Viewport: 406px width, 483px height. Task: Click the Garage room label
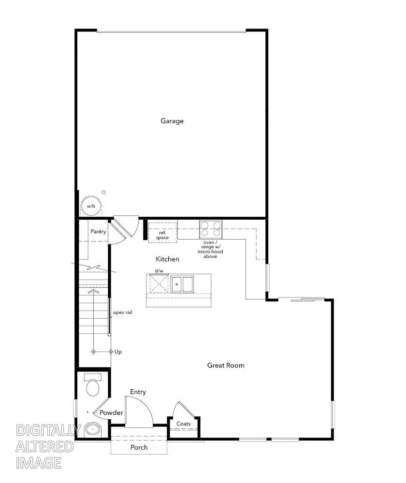[x=172, y=121]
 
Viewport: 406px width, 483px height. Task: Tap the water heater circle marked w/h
[x=90, y=206]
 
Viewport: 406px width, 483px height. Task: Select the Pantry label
[x=98, y=232]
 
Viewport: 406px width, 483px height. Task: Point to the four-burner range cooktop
[x=211, y=229]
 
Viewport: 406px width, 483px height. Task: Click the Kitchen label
[x=167, y=259]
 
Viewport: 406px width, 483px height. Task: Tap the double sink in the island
[x=182, y=284]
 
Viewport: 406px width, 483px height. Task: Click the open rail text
[x=122, y=313]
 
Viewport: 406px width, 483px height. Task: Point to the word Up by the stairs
[x=118, y=352]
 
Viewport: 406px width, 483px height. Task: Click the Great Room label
[x=226, y=365]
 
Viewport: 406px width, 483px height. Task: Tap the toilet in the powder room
[x=92, y=385]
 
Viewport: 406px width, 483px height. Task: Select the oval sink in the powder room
[x=92, y=428]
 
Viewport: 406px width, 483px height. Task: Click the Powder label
[x=111, y=413]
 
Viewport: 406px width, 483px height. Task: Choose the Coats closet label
[x=184, y=424]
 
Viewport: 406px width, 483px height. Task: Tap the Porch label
[x=139, y=447]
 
